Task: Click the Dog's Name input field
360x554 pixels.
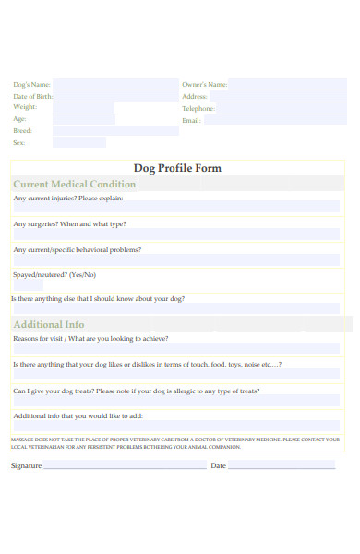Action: tap(115, 84)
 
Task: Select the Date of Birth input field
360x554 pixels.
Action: tap(115, 96)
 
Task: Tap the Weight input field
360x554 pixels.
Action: tap(84, 108)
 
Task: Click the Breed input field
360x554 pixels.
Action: tap(115, 131)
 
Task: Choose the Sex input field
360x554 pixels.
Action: tap(79, 143)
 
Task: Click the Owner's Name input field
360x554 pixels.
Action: tap(287, 84)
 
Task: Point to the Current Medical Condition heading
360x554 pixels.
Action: tap(75, 185)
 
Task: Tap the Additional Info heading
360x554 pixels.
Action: tap(49, 324)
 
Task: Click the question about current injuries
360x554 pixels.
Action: tap(67, 199)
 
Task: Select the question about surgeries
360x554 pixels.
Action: tap(69, 224)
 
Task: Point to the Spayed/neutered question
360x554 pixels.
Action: tap(54, 274)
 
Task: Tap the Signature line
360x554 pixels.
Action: tap(125, 466)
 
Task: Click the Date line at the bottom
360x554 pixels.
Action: tap(282, 466)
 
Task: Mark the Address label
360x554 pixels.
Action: tap(194, 96)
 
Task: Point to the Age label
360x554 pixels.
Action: tap(19, 119)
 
